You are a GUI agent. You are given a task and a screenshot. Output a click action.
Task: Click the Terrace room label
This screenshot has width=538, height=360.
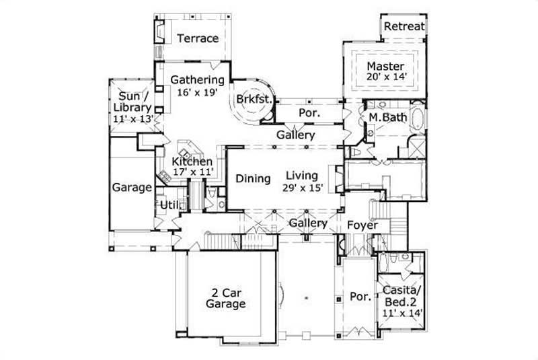click(x=198, y=38)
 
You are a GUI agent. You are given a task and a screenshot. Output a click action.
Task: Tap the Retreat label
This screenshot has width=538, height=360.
click(x=404, y=26)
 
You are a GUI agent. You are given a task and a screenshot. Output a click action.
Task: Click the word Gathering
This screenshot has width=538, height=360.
click(x=196, y=80)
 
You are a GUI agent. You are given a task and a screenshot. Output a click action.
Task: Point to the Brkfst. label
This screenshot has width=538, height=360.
click(x=254, y=100)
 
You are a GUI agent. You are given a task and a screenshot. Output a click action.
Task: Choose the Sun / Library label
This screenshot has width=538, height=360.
click(x=132, y=107)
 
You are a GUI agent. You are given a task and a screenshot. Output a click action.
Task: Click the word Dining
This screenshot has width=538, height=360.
click(x=253, y=179)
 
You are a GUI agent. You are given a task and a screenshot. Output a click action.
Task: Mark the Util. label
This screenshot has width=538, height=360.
click(x=169, y=205)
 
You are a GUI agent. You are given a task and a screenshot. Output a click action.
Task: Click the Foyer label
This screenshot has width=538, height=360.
click(x=362, y=225)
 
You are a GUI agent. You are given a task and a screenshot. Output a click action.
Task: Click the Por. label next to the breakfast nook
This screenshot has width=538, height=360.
click(x=308, y=114)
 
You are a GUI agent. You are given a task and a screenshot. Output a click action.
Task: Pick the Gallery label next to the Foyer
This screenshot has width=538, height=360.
click(x=308, y=223)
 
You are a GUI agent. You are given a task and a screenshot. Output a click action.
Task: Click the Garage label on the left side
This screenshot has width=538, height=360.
click(x=132, y=188)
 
